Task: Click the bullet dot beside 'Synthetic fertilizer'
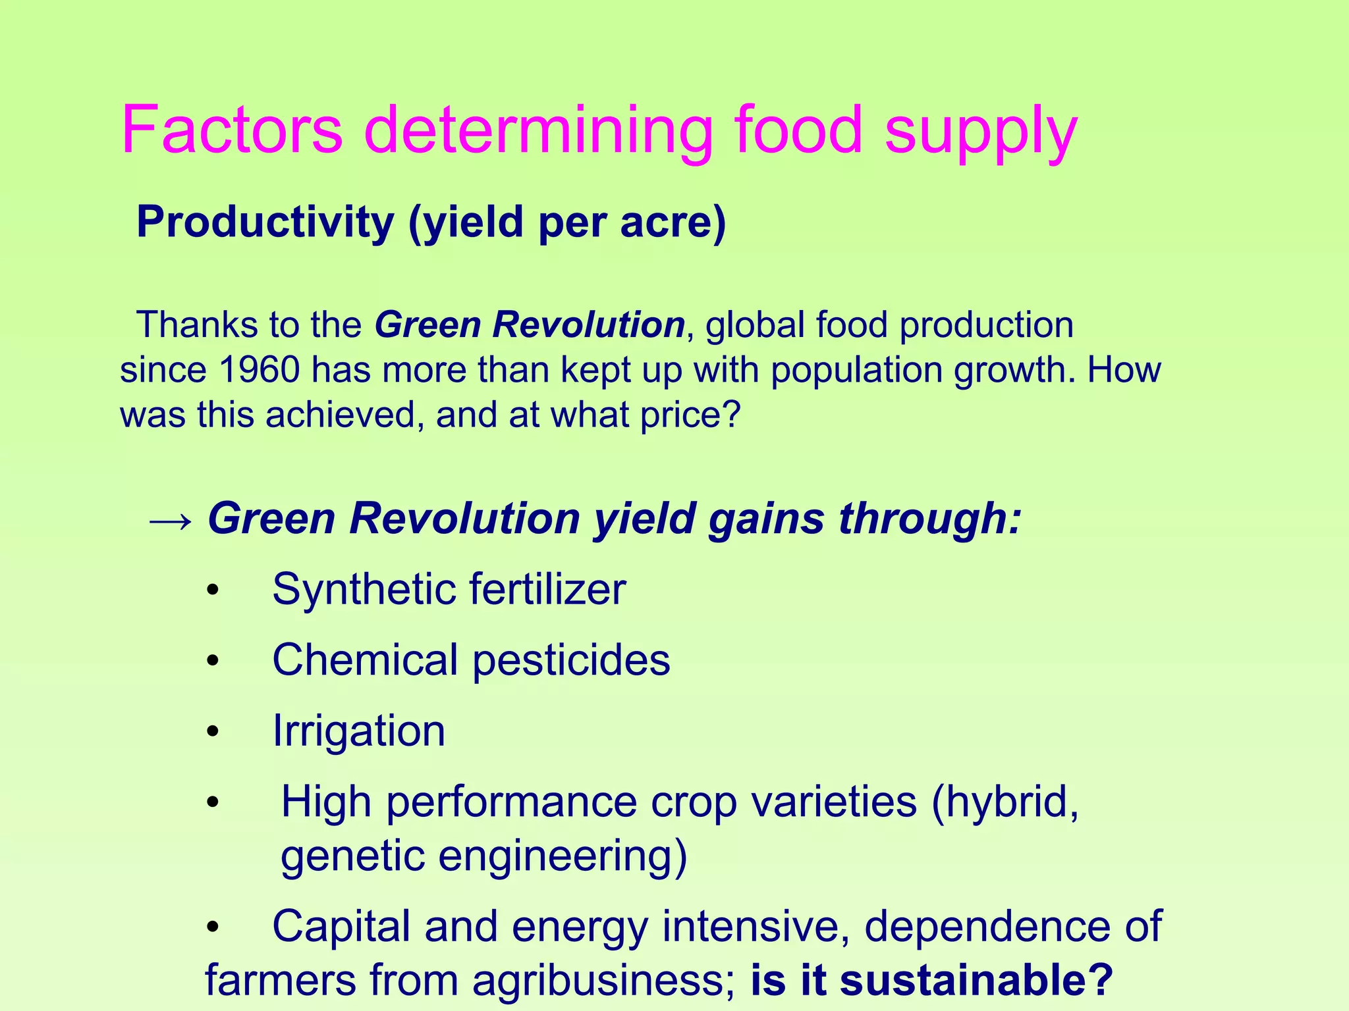(212, 590)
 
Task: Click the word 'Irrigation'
(359, 731)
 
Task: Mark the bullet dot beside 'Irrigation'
(212, 732)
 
